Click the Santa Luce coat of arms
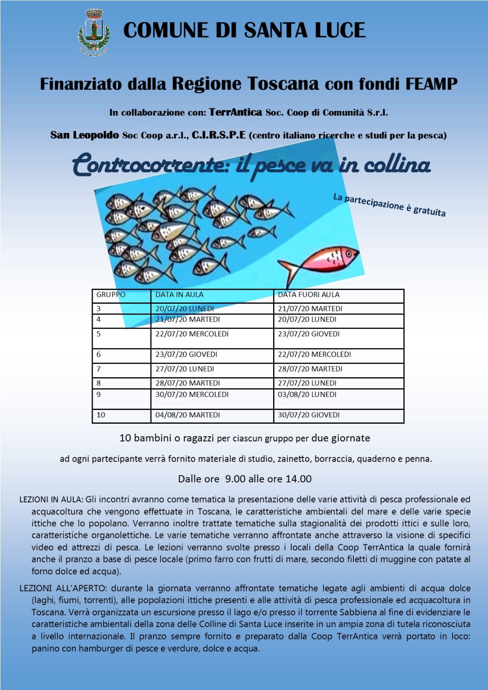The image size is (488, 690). (x=94, y=32)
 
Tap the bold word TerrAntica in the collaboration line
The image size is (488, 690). (x=236, y=113)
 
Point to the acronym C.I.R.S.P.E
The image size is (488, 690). (x=219, y=135)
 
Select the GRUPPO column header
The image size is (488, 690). (x=111, y=295)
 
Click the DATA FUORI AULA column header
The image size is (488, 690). (x=309, y=295)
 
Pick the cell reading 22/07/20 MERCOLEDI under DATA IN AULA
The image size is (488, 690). (x=192, y=334)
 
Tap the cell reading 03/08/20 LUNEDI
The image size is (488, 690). (x=307, y=394)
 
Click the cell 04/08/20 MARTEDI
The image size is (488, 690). (x=188, y=415)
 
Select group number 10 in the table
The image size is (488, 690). (x=101, y=415)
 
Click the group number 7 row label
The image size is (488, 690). (x=99, y=369)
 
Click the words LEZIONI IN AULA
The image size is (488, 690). (x=50, y=500)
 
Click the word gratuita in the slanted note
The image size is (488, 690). (x=429, y=211)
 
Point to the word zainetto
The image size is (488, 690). (x=294, y=459)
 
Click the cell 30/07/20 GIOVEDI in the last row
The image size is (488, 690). (x=309, y=415)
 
